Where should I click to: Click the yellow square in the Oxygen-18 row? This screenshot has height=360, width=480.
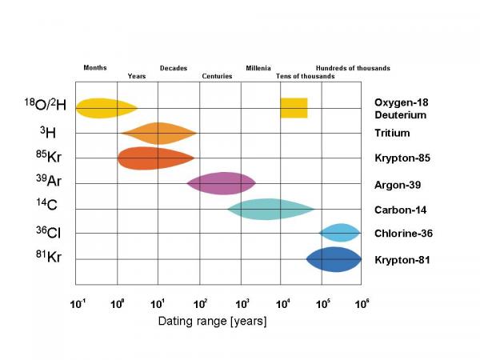[294, 108]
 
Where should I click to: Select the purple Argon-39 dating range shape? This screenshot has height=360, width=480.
[221, 183]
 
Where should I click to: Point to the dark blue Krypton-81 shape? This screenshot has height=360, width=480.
[334, 259]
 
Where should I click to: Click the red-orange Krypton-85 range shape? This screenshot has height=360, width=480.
[155, 158]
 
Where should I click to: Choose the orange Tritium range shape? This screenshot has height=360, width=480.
[158, 133]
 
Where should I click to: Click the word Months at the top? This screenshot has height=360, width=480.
[95, 68]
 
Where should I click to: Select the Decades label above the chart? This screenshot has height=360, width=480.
[174, 68]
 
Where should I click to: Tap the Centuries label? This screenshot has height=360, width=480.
[217, 76]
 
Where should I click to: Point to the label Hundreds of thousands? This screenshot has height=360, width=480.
[353, 68]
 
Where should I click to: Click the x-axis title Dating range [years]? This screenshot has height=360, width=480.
[211, 321]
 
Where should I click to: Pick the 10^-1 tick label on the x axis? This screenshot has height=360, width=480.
[78, 304]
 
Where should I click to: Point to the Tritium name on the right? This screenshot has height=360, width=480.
[392, 133]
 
